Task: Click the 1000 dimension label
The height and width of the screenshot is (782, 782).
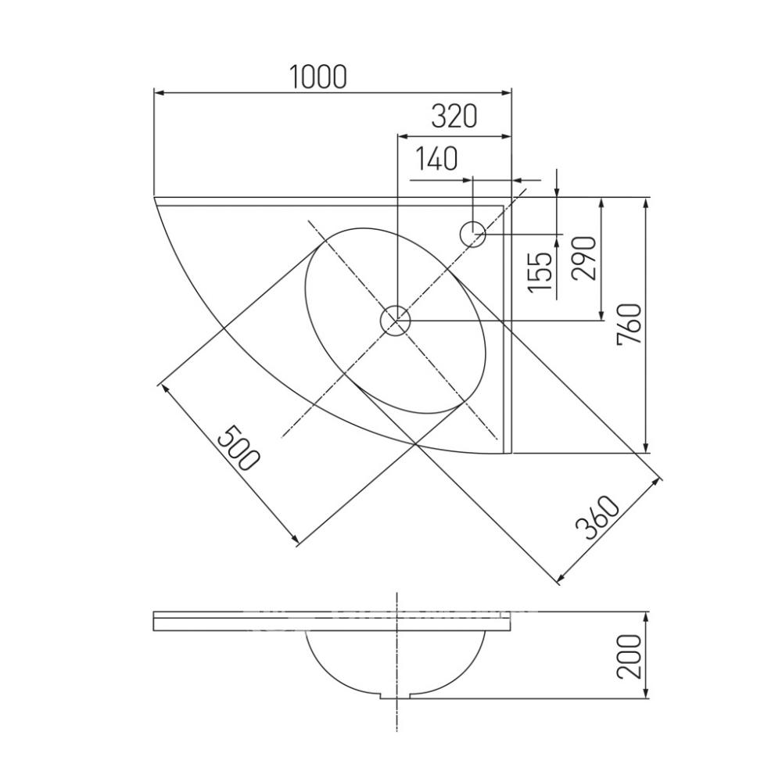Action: coord(317,77)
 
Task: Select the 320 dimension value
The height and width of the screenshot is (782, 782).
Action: coord(454,117)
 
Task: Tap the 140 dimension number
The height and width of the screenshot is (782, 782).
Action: coord(436,159)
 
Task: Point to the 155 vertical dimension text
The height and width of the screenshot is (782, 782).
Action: coord(540,272)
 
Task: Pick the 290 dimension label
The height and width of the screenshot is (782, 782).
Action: coord(584,258)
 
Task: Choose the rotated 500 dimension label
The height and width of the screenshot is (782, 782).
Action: coord(239,448)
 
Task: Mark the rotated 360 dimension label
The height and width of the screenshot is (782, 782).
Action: coord(597,518)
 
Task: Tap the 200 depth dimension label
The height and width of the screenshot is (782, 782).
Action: coord(629,656)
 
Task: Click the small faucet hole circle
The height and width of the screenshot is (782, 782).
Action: coord(472,233)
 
